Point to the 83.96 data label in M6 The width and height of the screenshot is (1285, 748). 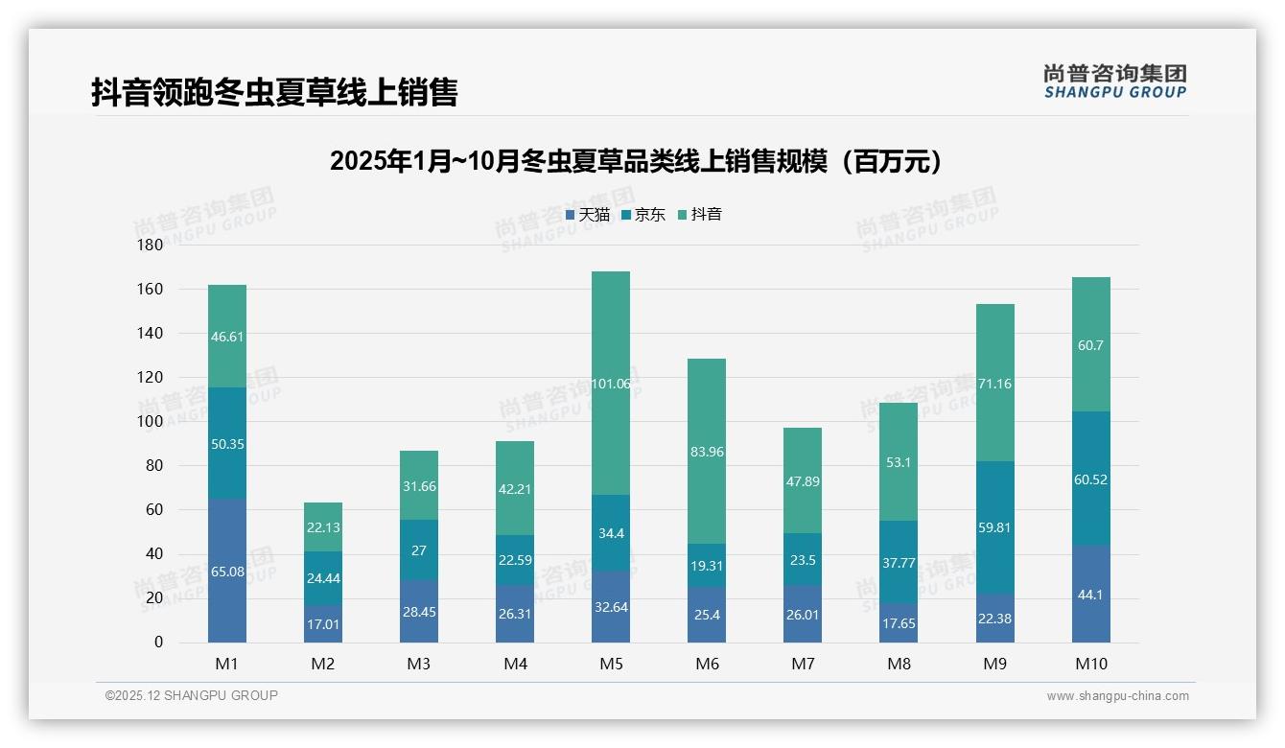tap(707, 452)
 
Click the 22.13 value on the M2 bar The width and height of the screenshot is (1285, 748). tap(323, 527)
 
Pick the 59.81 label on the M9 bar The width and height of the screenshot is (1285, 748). tap(994, 527)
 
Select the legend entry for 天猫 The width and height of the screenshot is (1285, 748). tap(588, 215)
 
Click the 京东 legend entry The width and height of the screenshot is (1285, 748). tap(643, 215)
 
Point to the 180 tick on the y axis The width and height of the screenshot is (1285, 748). tap(152, 245)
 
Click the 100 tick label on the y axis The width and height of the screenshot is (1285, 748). tap(152, 422)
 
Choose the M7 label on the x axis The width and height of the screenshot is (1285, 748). tap(803, 664)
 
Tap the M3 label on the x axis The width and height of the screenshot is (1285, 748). tap(419, 664)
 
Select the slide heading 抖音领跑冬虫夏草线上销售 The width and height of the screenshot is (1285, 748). tap(274, 92)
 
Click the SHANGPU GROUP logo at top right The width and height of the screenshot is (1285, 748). tap(1114, 82)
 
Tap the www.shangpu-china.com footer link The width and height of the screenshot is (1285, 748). tap(1117, 696)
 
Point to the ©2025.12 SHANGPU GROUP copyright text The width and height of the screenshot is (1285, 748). tap(192, 696)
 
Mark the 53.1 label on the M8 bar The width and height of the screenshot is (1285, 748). tap(899, 462)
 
